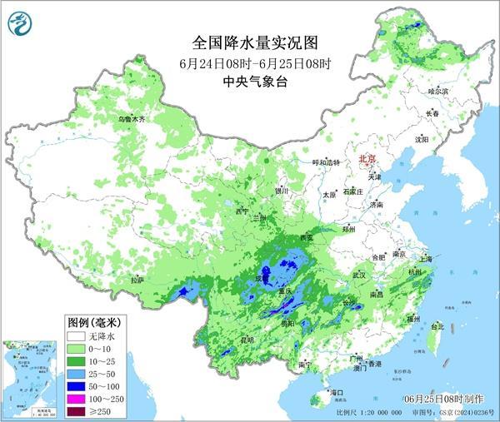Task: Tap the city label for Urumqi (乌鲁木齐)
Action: tap(131, 120)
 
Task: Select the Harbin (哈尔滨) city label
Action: tap(438, 91)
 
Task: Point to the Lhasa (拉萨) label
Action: tap(137, 280)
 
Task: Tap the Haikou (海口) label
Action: tap(337, 391)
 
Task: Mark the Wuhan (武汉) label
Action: tap(360, 274)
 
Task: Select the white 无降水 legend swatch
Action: tap(77, 335)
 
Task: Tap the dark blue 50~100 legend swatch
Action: tap(77, 387)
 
